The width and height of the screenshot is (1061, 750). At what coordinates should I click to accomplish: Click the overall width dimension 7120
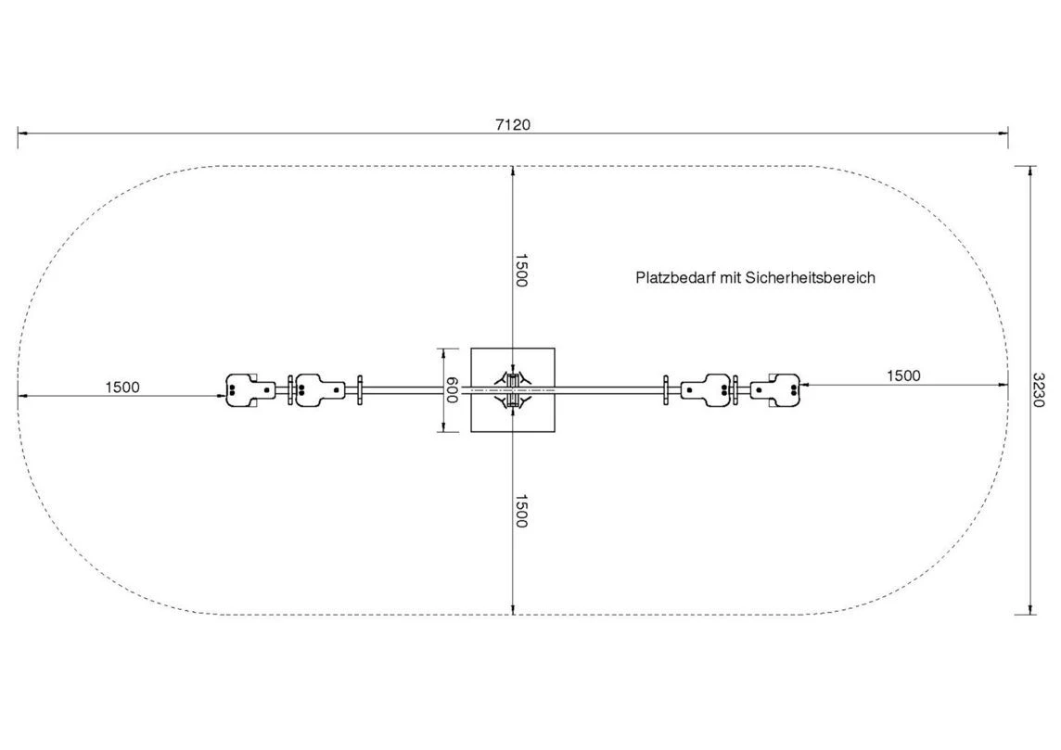click(x=513, y=124)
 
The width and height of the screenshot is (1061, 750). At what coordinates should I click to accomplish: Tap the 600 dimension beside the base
click(x=452, y=390)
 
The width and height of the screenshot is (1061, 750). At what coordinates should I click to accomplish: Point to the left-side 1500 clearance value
click(x=122, y=388)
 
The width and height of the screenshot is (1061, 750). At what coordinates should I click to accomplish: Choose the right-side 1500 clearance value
click(x=903, y=376)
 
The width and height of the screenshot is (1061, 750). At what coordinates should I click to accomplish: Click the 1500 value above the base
click(x=521, y=271)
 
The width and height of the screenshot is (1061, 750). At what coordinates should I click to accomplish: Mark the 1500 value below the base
click(x=521, y=511)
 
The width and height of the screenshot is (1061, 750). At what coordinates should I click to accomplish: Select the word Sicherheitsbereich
click(x=810, y=278)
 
